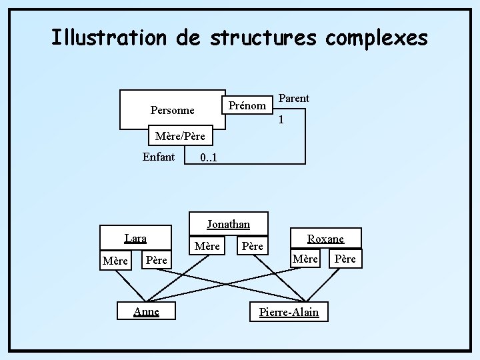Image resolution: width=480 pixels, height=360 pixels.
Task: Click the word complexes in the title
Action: (x=377, y=37)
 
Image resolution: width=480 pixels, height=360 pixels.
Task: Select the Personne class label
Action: (x=173, y=110)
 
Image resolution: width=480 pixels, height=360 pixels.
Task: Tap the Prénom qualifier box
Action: (x=247, y=105)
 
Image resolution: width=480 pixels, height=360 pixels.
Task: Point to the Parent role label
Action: (x=293, y=98)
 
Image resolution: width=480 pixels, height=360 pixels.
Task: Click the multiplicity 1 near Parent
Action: (x=281, y=121)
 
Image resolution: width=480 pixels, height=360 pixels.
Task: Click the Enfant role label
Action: (x=159, y=157)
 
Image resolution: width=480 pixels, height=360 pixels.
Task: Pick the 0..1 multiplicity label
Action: (x=209, y=159)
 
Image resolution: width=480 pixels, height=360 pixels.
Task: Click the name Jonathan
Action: (x=228, y=224)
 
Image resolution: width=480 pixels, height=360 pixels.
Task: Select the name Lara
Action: (x=135, y=238)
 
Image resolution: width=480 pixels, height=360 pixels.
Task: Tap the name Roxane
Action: (x=325, y=238)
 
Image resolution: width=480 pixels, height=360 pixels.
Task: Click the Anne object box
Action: (x=146, y=311)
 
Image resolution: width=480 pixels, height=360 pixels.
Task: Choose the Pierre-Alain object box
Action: (x=289, y=312)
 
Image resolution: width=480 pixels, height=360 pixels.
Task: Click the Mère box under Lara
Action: (x=115, y=261)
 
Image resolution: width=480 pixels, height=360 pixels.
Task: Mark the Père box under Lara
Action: (x=156, y=259)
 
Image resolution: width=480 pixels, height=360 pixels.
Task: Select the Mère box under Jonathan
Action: (x=207, y=246)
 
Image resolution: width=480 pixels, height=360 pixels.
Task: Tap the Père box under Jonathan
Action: (x=252, y=246)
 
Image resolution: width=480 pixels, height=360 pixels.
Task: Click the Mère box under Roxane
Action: (x=305, y=258)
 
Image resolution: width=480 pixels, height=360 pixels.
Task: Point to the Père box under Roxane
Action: (x=345, y=258)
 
